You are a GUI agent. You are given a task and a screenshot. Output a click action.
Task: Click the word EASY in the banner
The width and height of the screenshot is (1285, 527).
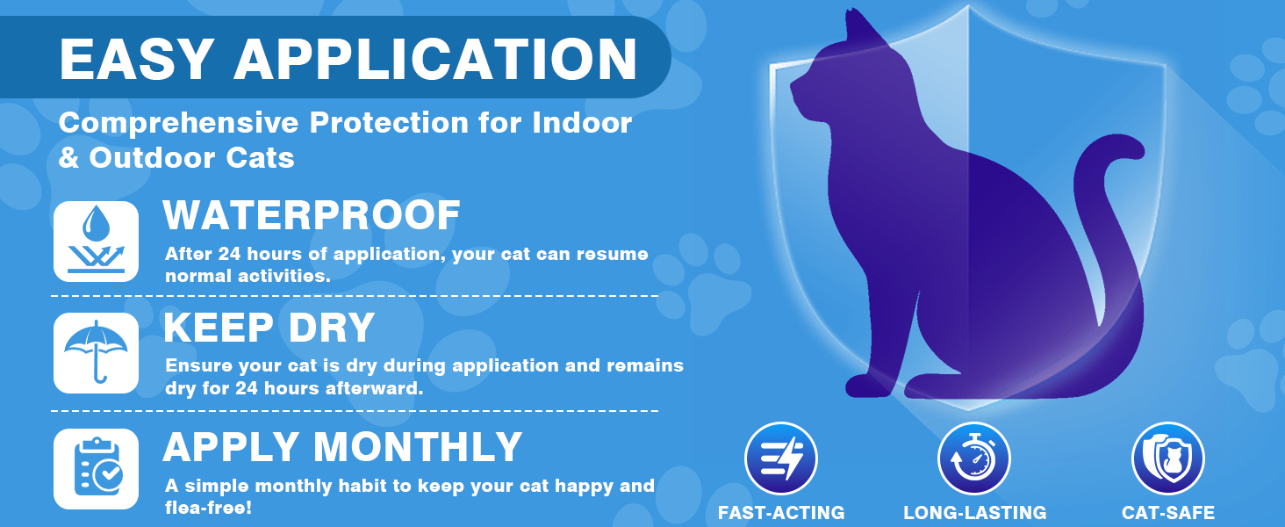click(x=137, y=59)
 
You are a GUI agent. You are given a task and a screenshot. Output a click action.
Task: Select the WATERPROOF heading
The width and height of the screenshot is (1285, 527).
click(x=312, y=215)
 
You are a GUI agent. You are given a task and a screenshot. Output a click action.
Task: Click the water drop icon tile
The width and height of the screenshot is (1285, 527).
click(x=97, y=242)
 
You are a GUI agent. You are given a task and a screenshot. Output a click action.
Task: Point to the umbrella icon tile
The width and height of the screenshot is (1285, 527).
click(x=97, y=353)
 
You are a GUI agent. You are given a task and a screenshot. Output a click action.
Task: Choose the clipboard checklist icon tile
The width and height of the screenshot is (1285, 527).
click(x=97, y=469)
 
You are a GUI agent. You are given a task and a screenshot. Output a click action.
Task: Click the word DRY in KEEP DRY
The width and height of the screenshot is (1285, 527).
click(x=332, y=328)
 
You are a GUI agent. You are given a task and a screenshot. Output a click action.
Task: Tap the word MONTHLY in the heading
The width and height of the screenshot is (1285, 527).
click(x=418, y=446)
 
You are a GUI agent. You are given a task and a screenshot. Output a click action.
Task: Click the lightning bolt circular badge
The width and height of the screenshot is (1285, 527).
click(x=781, y=458)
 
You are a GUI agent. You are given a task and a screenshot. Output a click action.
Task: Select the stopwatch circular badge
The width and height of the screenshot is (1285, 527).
click(x=974, y=458)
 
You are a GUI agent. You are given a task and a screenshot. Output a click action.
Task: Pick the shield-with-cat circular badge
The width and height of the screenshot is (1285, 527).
click(x=1168, y=458)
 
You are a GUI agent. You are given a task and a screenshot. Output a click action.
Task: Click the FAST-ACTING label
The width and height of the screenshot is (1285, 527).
click(x=781, y=512)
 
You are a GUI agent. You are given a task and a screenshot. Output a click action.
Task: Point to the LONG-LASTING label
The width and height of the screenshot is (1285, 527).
click(x=974, y=512)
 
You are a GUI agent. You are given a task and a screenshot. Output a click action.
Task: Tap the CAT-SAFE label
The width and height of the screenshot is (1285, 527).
click(x=1168, y=512)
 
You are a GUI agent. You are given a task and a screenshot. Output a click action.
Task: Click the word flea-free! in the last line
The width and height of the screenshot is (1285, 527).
click(x=208, y=508)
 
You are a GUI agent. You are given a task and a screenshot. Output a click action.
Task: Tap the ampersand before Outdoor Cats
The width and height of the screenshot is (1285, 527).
click(x=68, y=158)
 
